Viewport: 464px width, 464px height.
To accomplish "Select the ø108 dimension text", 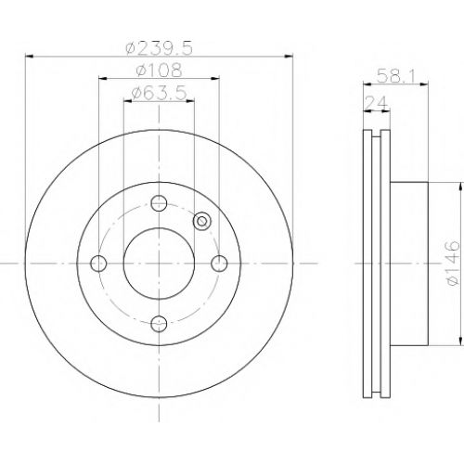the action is tap(159, 71).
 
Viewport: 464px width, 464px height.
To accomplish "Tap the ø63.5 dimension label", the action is tap(159, 93).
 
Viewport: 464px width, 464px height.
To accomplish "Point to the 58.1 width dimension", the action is tap(395, 76).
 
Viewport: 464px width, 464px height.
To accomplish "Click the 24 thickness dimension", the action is tap(376, 103).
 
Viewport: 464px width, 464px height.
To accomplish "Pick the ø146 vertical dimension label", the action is tap(450, 264).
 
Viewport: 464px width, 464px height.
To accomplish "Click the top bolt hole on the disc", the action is tap(159, 203).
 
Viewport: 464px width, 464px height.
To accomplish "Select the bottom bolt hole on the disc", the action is tap(159, 324).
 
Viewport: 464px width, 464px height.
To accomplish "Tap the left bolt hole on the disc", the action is tap(98, 264).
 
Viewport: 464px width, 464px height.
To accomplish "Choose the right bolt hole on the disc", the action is tap(219, 264).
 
